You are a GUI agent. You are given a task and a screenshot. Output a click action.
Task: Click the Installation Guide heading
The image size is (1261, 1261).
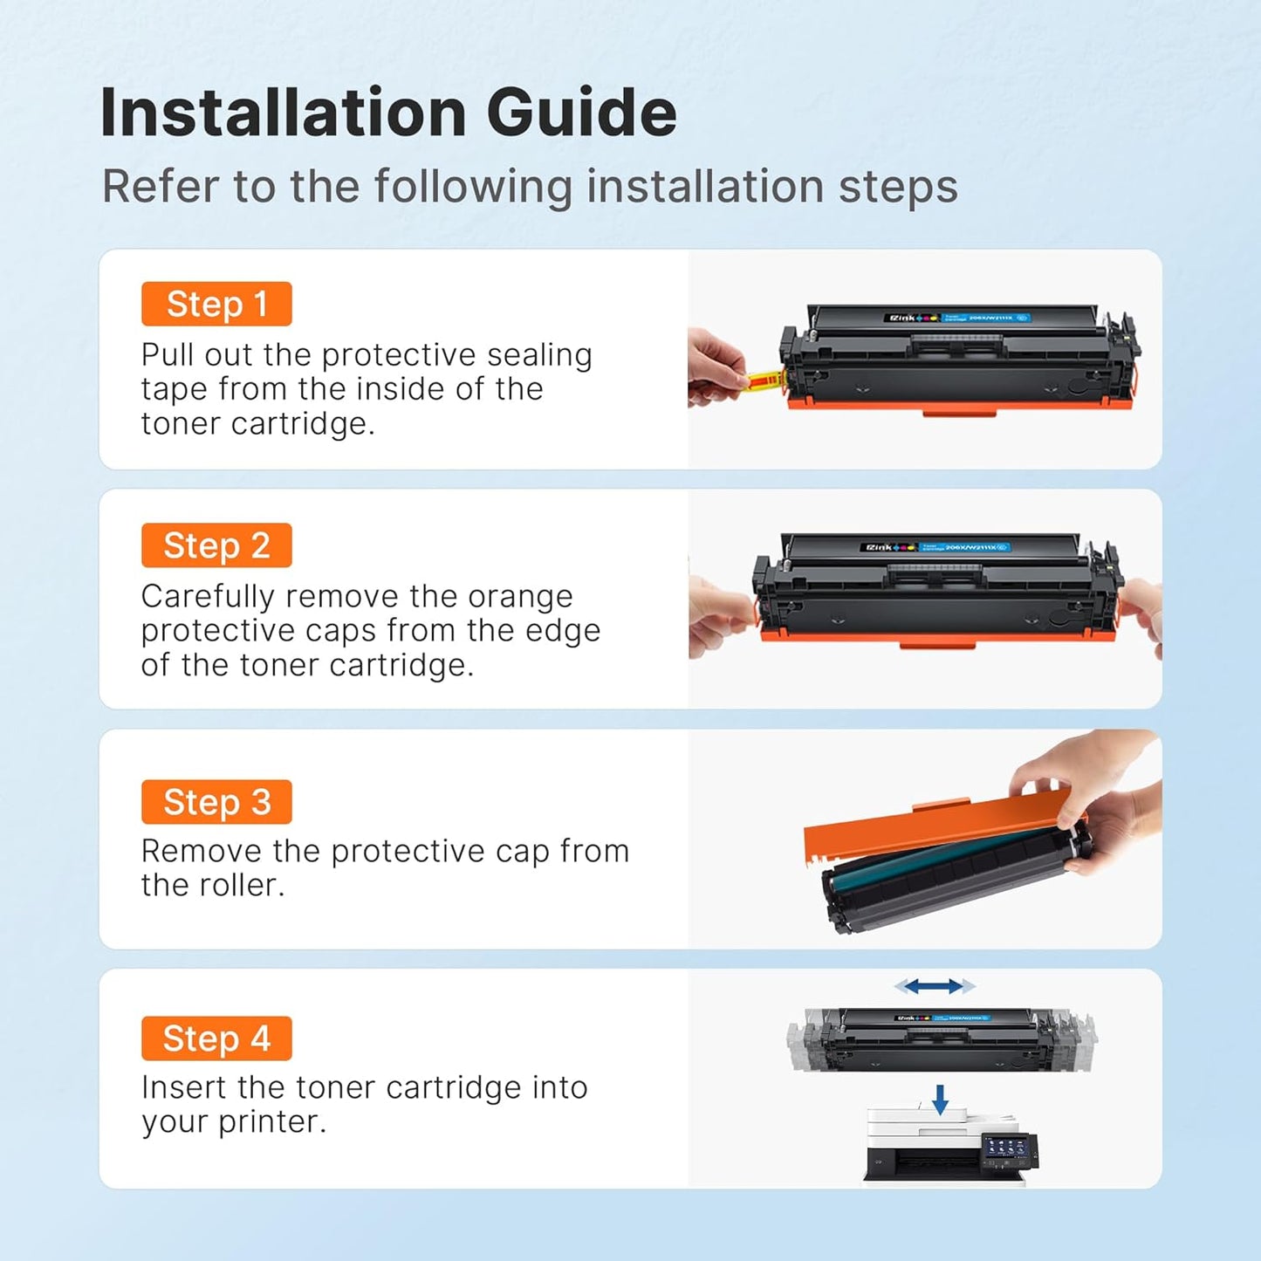point(388,113)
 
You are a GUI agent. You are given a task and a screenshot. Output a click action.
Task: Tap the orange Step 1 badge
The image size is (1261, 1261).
point(216,304)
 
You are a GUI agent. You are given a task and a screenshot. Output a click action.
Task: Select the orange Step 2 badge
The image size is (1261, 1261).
point(216,545)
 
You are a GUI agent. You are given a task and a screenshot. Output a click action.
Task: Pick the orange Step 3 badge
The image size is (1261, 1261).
point(216,802)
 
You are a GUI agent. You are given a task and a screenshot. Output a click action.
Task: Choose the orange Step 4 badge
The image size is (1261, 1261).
point(216,1038)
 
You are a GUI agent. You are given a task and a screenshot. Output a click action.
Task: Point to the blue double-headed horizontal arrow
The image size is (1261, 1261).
point(934,986)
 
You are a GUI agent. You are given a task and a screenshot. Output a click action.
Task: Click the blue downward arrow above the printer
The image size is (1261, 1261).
point(940,1099)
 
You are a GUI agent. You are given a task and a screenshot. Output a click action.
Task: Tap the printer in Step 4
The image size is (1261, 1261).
point(942,1148)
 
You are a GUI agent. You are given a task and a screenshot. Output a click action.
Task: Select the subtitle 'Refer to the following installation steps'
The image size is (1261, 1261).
point(530,187)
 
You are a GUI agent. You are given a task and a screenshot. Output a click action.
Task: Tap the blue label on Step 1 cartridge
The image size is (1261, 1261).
point(984,318)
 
